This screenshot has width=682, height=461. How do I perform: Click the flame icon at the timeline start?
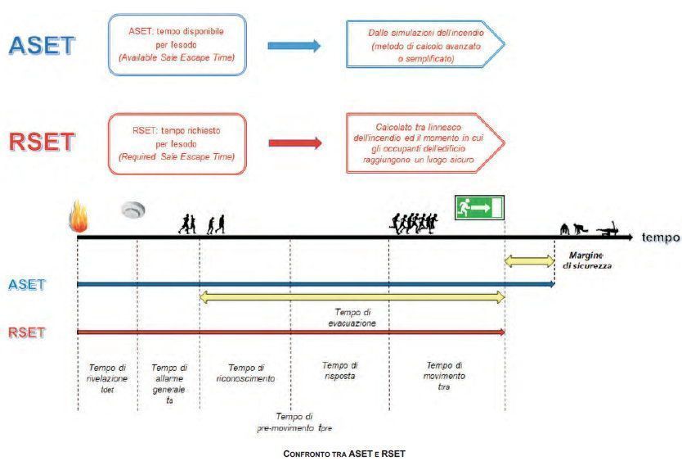(79, 219)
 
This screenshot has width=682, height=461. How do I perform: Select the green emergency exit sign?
(479, 208)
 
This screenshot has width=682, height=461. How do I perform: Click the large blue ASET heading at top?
(41, 46)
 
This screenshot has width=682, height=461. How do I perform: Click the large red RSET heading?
(41, 142)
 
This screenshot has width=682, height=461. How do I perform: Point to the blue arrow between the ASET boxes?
(294, 46)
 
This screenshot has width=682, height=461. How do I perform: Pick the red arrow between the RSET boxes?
(294, 142)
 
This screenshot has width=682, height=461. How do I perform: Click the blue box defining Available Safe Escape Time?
(177, 44)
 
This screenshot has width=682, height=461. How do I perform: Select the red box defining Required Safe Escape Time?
(177, 142)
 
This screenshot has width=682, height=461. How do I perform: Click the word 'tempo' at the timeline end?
(660, 237)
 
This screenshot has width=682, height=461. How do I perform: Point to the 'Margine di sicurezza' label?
(587, 260)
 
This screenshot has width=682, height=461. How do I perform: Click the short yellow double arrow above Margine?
(529, 261)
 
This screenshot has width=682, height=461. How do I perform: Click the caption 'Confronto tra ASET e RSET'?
(344, 453)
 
